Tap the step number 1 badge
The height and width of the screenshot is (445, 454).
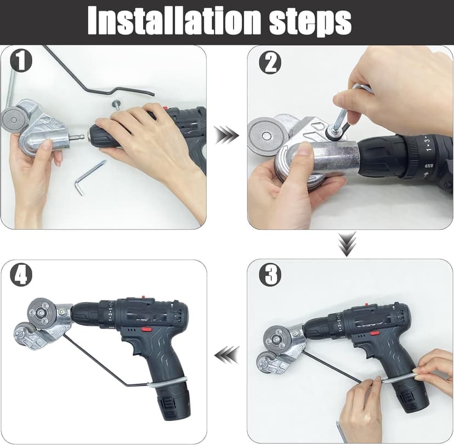click(x=21, y=61)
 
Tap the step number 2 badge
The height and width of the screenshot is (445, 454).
click(x=269, y=62)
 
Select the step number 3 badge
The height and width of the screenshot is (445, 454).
click(x=269, y=274)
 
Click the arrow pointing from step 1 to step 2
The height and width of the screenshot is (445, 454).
click(x=226, y=135)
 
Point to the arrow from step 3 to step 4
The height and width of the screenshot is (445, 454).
click(x=226, y=355)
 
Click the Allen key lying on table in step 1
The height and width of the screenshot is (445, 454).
click(x=88, y=177)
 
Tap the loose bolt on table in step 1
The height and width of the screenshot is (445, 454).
click(x=116, y=104)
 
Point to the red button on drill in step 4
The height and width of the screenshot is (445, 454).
click(x=146, y=329)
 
